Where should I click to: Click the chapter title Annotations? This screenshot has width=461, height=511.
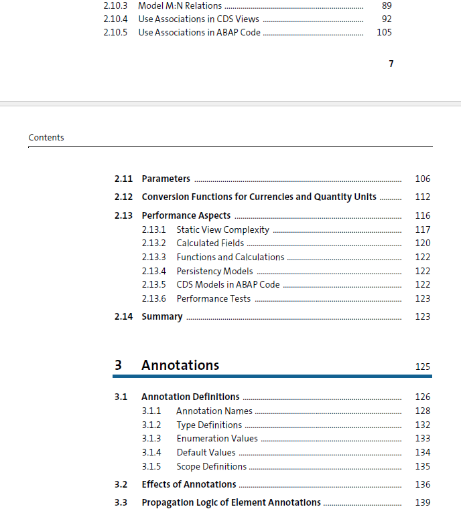[x=180, y=365]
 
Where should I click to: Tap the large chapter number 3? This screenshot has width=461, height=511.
[x=118, y=365]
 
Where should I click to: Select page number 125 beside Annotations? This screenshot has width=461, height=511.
[x=422, y=367]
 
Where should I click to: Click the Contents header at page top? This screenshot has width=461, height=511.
[x=46, y=138]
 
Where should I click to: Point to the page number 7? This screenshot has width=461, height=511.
[x=391, y=64]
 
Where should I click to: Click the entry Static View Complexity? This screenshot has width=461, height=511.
[x=222, y=229]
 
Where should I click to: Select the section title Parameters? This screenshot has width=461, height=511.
[x=166, y=179]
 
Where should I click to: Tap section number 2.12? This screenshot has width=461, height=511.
[x=123, y=197]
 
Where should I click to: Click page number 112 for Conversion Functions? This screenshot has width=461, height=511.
[x=422, y=197]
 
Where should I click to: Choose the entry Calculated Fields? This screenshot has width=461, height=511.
[x=210, y=243]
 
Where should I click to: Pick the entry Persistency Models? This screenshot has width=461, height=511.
[x=214, y=271]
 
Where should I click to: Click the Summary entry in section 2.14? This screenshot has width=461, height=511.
[x=161, y=316]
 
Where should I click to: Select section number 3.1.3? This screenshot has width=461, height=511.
[x=151, y=439]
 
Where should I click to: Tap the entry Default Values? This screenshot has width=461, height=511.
[x=206, y=453]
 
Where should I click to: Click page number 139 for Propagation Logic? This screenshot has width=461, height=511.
[x=422, y=502]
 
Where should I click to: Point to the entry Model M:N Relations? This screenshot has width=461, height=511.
[x=180, y=5]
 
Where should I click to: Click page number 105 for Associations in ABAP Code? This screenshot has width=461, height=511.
[x=384, y=32]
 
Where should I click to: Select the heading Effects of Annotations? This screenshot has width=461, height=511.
[x=188, y=484]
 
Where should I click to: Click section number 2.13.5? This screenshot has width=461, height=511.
[x=153, y=285]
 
